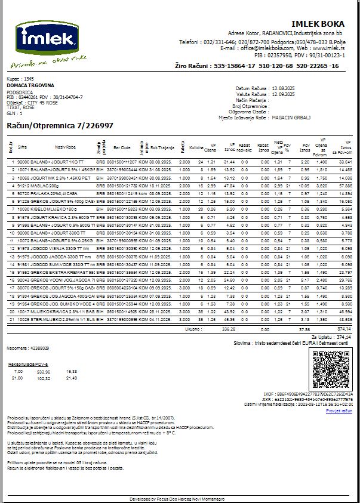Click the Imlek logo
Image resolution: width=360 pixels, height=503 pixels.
[x=48, y=42]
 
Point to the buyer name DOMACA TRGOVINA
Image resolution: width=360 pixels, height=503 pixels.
[x=30, y=85]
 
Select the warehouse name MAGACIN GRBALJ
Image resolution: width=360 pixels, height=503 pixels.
[x=291, y=118]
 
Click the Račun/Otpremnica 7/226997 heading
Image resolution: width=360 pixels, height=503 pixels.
[x=60, y=126]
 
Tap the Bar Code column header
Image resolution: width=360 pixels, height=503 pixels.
[x=122, y=147]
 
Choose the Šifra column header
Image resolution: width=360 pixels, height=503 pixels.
[x=23, y=147]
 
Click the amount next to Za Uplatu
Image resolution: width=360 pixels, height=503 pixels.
[x=344, y=337]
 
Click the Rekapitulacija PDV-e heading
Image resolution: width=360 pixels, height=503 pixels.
[x=29, y=363]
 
